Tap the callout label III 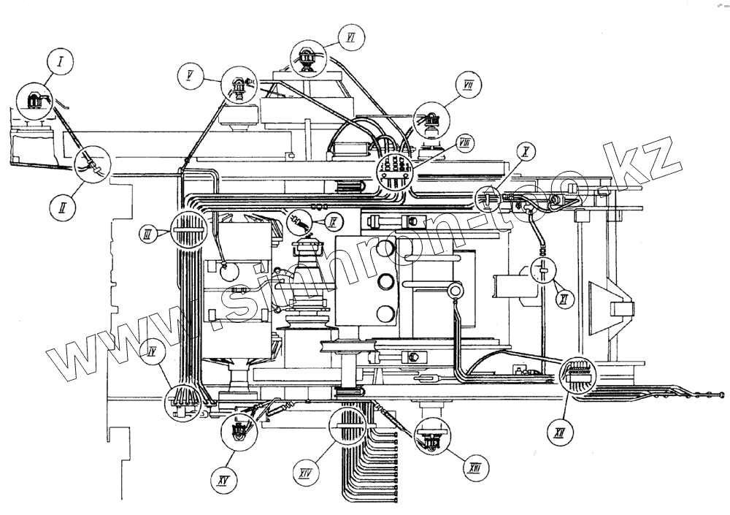(x=147, y=234)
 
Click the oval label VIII (x=465, y=142)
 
